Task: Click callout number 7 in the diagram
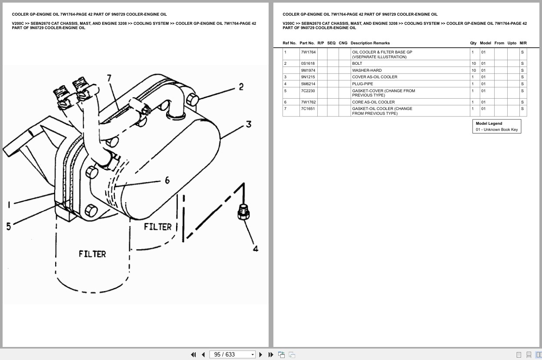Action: (109, 78)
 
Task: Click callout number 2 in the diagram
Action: (241, 87)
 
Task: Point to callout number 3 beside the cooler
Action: (249, 124)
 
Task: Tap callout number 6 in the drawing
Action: (167, 180)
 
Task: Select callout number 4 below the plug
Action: (256, 249)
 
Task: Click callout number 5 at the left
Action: (8, 226)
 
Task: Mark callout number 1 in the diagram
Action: (8, 205)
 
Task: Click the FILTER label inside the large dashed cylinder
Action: (92, 254)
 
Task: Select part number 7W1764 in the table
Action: (308, 52)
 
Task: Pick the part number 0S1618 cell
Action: (308, 63)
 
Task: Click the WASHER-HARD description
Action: (367, 70)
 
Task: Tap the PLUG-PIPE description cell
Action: (362, 84)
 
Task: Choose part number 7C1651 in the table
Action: (308, 109)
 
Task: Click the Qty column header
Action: (473, 43)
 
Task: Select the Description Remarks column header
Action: (370, 43)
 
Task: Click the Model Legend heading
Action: (489, 123)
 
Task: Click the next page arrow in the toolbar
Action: (261, 355)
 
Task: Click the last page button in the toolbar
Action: (271, 355)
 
